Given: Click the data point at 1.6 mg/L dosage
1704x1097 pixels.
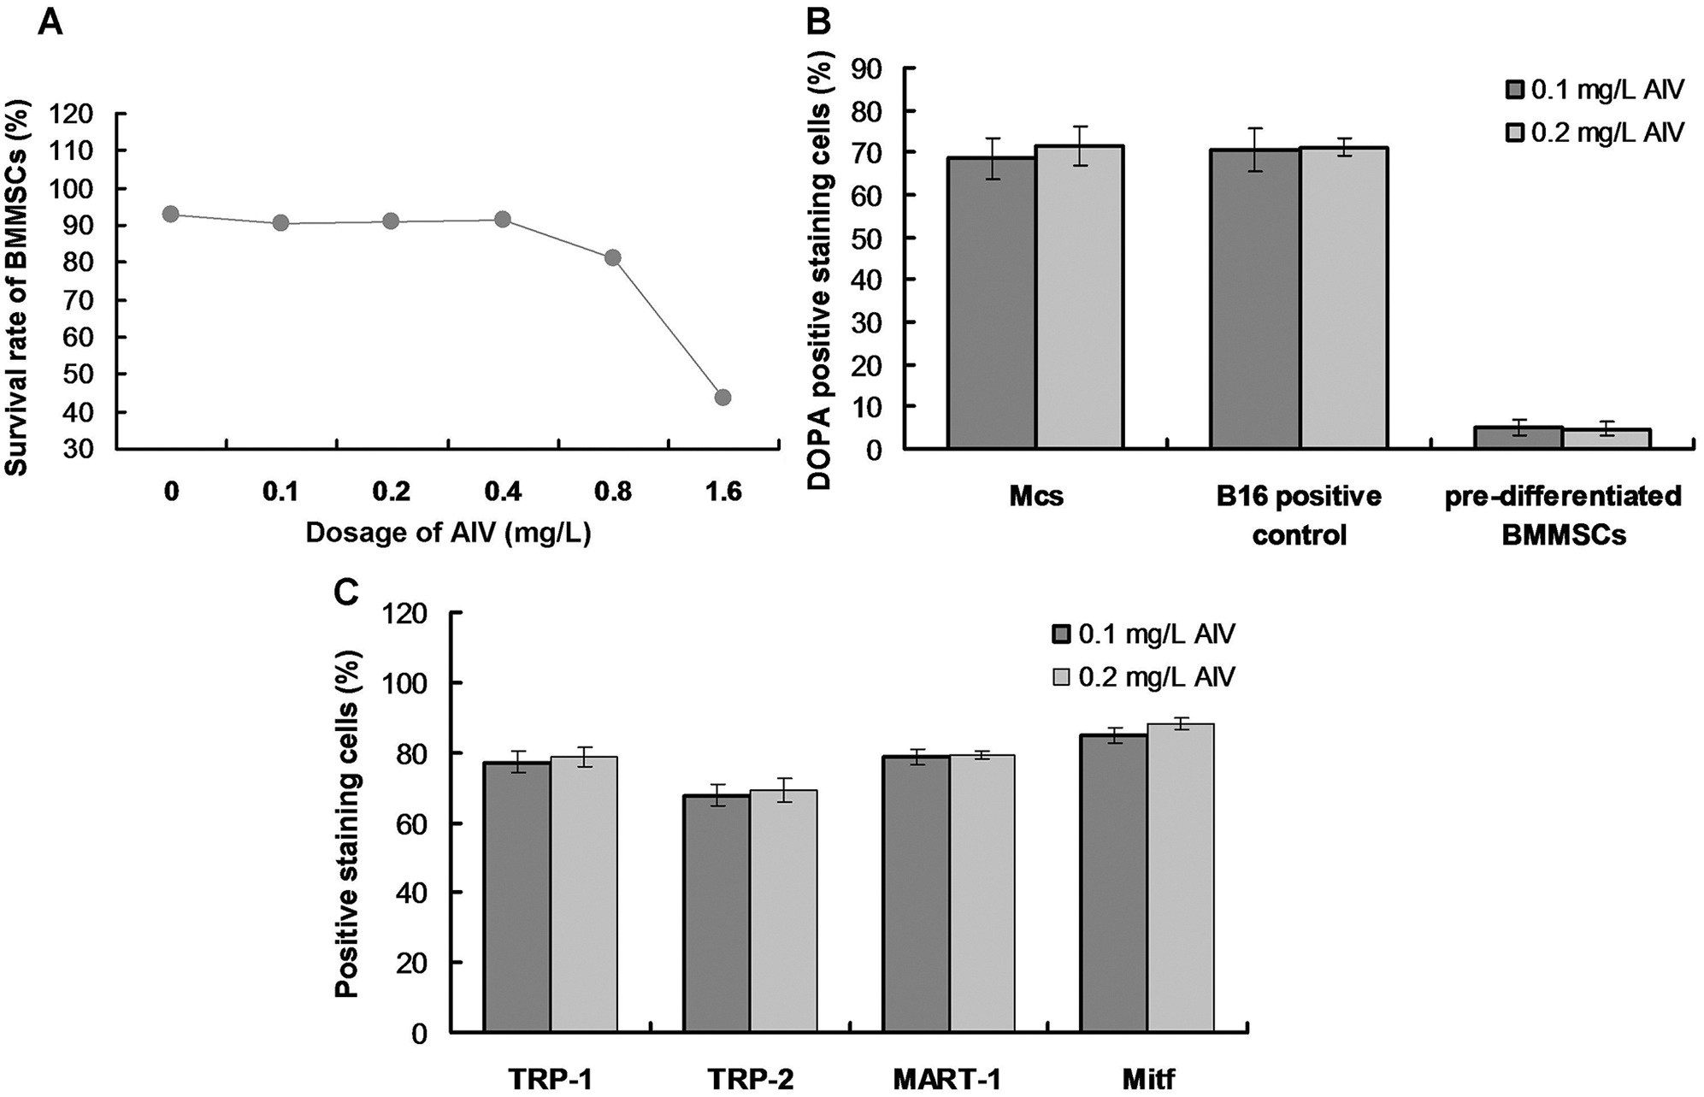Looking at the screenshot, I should pos(722,397).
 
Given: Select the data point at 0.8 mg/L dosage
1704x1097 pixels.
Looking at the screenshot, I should pos(612,257).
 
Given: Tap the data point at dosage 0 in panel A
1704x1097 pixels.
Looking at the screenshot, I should pos(171,214).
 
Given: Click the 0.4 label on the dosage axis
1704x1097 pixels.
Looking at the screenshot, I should pos(502,492).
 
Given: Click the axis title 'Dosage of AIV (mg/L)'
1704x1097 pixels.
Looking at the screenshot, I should pos(448,533).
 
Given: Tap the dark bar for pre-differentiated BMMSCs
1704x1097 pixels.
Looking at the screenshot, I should pos(1518,437).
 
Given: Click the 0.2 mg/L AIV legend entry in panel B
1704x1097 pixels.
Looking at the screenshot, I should pos(1595,133).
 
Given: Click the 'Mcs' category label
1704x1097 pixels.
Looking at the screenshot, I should pos(1035,497).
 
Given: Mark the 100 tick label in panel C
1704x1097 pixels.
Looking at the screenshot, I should pos(410,683).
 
